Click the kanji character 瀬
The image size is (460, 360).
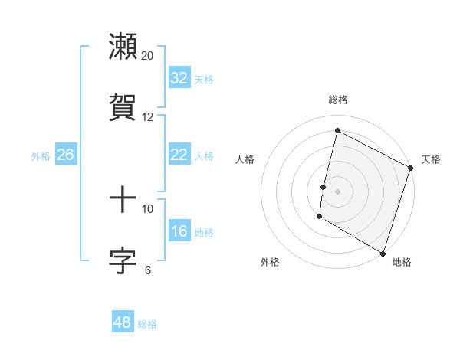123,47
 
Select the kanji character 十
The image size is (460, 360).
123,201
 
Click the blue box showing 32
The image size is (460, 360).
179,78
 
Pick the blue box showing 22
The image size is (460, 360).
179,155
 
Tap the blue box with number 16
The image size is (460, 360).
179,231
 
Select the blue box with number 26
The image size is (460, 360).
65,155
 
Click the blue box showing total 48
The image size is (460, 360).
123,322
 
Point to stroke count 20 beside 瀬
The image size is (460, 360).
148,56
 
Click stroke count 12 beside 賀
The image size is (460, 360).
148,117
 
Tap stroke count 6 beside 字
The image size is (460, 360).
148,270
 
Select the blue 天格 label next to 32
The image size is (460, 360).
204,80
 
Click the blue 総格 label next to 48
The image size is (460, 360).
147,324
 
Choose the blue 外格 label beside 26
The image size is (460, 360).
41,156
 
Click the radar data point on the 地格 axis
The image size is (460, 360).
383,253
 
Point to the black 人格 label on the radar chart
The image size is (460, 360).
245,159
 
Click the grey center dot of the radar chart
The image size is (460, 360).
337,191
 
